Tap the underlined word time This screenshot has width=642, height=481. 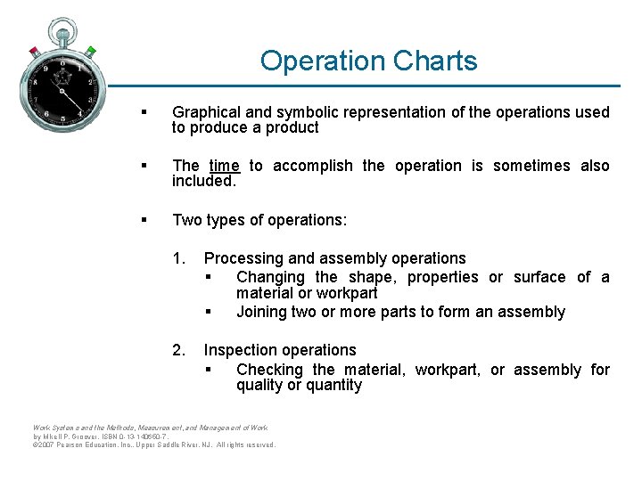[224, 166]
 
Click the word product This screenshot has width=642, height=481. [292, 127]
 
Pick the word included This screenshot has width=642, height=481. [204, 181]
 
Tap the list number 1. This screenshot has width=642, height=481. [179, 258]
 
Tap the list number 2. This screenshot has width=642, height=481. [179, 350]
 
